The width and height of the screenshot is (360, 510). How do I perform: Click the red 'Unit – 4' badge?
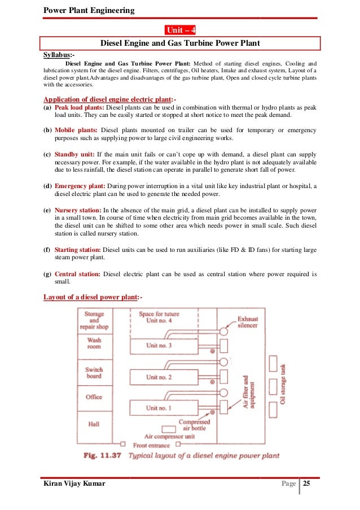pos(180,30)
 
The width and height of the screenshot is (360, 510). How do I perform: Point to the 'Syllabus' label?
pos(58,55)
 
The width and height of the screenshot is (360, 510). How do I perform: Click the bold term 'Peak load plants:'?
pos(80,107)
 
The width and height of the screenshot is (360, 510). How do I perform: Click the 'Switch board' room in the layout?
pos(94,372)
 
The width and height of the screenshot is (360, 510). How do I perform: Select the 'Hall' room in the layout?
pos(94,423)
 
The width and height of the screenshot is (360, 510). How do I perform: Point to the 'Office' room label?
pos(94,397)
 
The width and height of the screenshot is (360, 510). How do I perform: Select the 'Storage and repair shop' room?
pos(94,320)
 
